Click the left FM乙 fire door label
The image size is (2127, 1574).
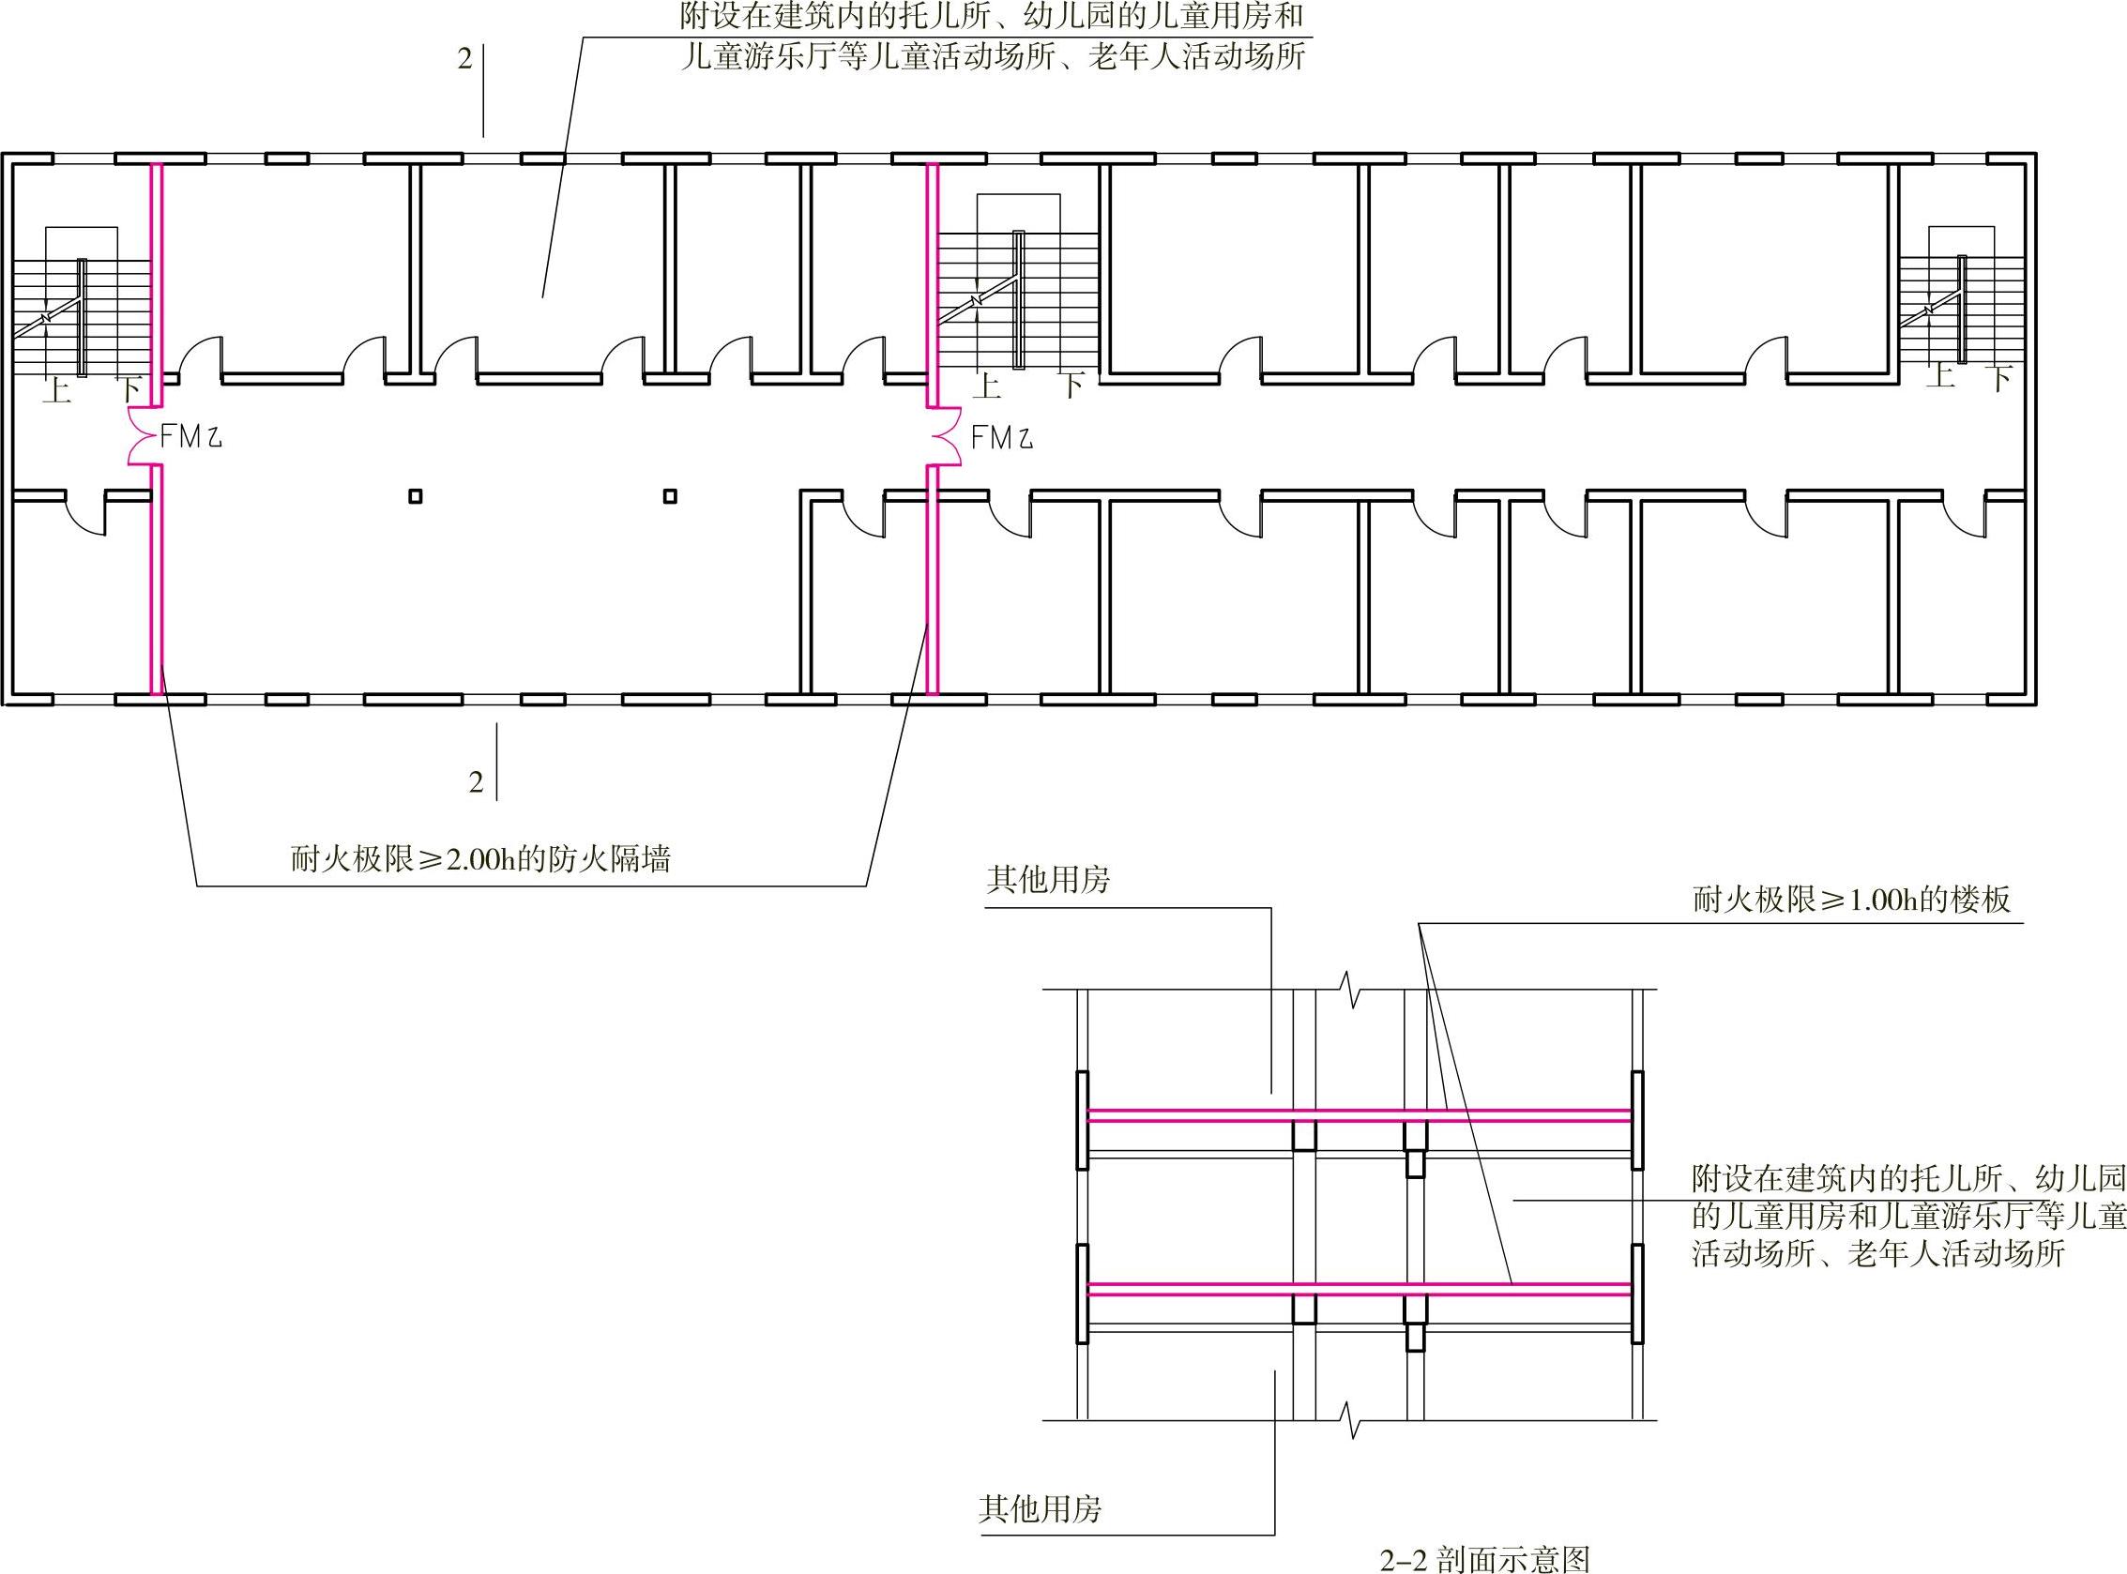(x=190, y=437)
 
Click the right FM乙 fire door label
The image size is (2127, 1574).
(x=1001, y=437)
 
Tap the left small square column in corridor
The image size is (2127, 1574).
(x=415, y=496)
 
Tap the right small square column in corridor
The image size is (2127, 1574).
(x=670, y=496)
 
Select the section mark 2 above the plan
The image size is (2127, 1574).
(x=465, y=59)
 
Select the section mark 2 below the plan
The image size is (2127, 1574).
(x=477, y=782)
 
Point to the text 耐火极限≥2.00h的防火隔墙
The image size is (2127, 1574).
(x=481, y=859)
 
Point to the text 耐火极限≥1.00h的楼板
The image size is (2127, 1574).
(x=1851, y=900)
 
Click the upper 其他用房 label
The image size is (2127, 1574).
(x=1048, y=880)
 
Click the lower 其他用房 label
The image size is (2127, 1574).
(x=1040, y=1508)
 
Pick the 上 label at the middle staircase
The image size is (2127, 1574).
(x=987, y=386)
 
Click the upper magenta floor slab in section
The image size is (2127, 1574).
(x=1360, y=1114)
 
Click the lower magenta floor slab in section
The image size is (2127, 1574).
(x=1360, y=1289)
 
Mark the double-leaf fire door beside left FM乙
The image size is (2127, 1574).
(x=143, y=437)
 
